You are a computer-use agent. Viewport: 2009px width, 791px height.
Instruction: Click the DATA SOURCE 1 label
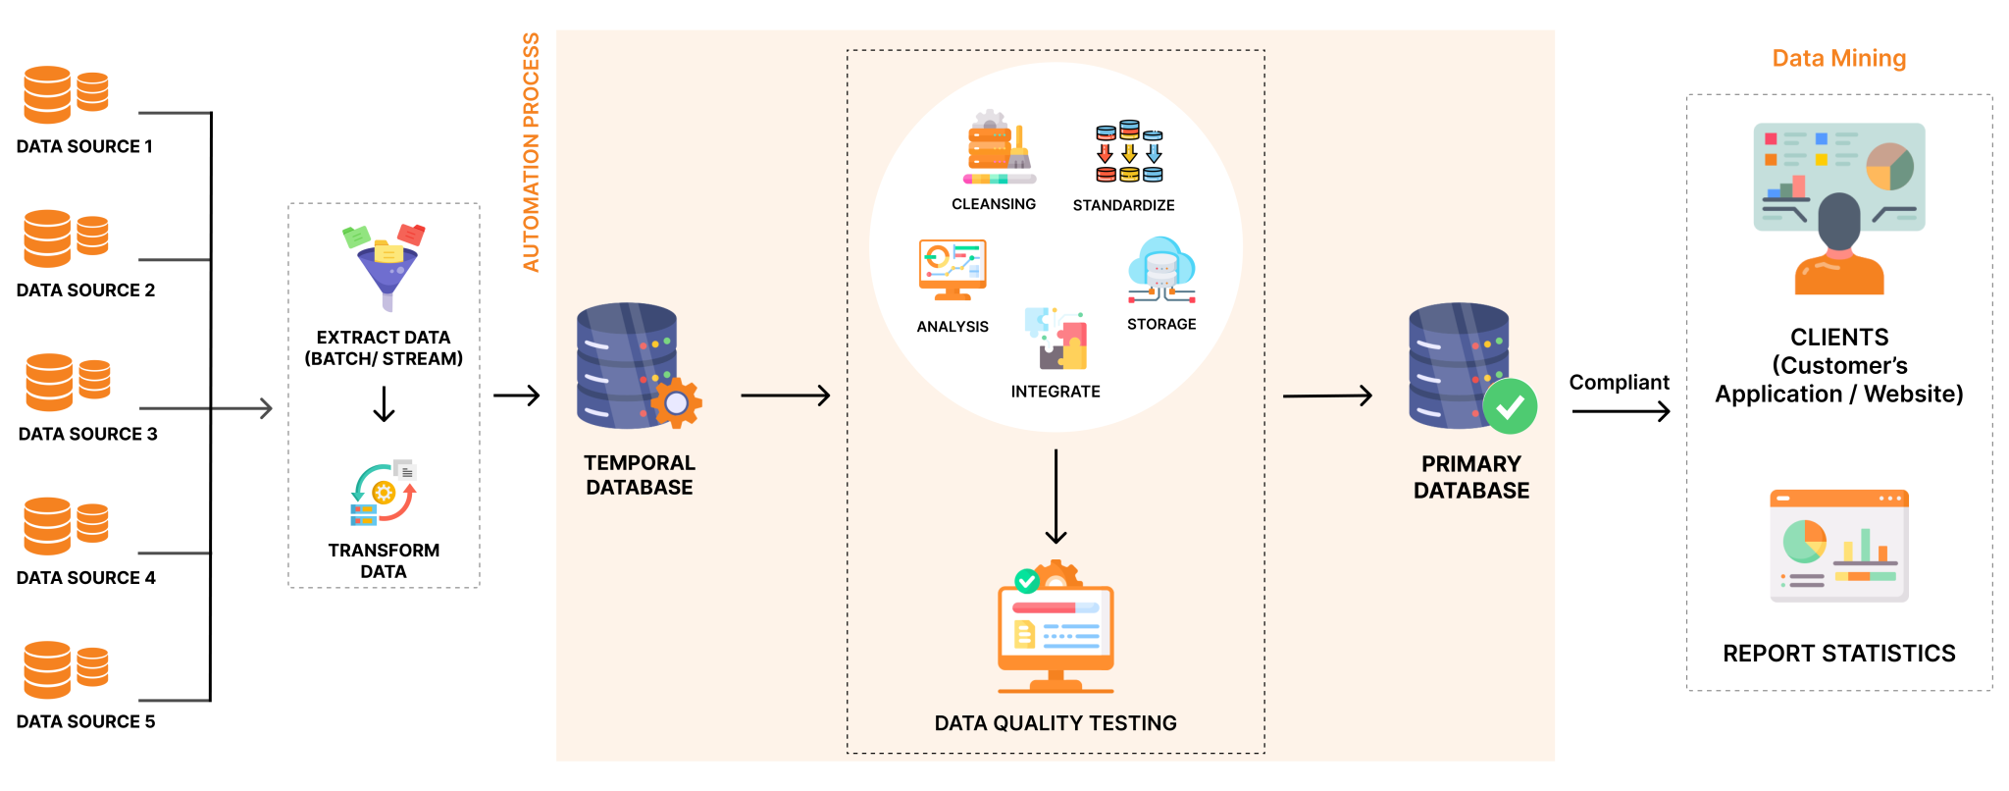click(x=84, y=146)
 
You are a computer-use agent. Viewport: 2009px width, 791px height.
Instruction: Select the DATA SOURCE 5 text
click(x=85, y=721)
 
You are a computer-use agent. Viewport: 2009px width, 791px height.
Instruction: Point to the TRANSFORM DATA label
click(x=384, y=560)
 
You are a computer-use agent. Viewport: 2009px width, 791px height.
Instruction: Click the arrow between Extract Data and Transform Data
click(x=384, y=403)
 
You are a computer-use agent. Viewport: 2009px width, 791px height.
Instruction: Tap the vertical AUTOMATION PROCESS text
click(x=531, y=152)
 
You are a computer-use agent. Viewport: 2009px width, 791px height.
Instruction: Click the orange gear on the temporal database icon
click(x=676, y=402)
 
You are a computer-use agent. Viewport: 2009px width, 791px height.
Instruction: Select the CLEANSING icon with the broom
click(x=998, y=149)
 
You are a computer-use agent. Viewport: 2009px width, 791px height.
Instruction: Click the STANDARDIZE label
click(x=1123, y=205)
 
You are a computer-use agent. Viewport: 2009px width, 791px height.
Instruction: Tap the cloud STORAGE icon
click(x=1161, y=270)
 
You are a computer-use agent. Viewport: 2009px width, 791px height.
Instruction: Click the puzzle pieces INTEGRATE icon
click(x=1056, y=339)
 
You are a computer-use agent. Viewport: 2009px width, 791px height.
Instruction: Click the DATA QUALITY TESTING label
click(x=1056, y=723)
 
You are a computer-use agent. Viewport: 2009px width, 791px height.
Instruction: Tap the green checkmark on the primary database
click(x=1510, y=406)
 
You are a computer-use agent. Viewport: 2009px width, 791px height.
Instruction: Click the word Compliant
click(x=1619, y=383)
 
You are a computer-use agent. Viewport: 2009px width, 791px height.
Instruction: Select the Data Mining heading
click(x=1838, y=59)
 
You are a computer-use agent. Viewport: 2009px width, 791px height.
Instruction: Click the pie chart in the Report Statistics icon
click(x=1804, y=541)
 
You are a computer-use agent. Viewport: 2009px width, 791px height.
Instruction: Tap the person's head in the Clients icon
click(x=1838, y=221)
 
